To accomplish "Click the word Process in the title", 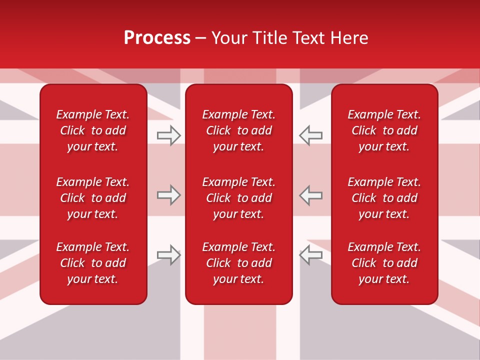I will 157,38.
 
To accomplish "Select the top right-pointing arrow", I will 168,135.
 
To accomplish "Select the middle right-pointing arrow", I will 168,195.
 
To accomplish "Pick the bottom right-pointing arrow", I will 168,255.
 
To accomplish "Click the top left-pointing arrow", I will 310,135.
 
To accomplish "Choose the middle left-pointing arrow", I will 310,195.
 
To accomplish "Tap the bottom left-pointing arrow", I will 310,255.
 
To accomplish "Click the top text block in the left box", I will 93,130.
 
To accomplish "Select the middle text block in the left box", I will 93,198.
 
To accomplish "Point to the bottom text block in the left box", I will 93,263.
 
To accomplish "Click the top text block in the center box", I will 239,130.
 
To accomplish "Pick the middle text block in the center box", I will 239,198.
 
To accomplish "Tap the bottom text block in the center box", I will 239,263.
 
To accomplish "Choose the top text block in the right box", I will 384,130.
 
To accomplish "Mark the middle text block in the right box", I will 384,198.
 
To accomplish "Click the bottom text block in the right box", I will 384,263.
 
